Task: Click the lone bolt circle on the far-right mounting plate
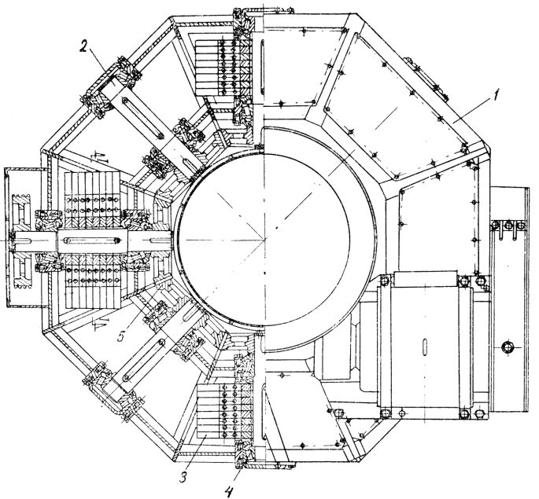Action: coord(508,347)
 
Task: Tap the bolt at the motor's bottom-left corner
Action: coord(386,414)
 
